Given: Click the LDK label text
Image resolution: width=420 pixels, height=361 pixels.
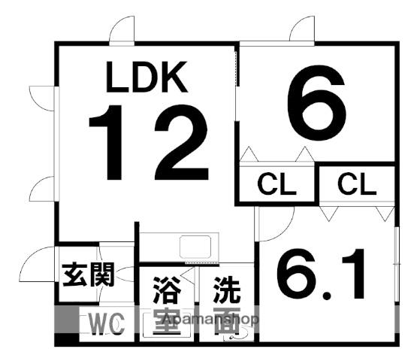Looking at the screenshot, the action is click(x=147, y=77).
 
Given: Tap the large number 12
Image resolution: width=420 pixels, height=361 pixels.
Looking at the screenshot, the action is click(x=149, y=142).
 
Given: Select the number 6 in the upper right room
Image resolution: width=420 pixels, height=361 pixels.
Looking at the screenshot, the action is click(x=316, y=103).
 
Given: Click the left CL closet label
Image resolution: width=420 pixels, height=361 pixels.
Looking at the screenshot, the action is click(x=276, y=184).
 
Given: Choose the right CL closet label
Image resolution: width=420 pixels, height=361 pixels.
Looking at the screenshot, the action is click(x=357, y=184).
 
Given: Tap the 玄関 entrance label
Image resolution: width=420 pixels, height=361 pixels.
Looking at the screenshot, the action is click(x=88, y=275).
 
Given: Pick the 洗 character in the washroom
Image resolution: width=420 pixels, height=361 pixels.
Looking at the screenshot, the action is click(x=227, y=290).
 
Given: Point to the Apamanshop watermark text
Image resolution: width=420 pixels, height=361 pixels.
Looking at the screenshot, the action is click(x=211, y=319).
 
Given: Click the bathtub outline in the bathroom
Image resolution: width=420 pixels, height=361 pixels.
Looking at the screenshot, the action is click(x=167, y=325).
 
